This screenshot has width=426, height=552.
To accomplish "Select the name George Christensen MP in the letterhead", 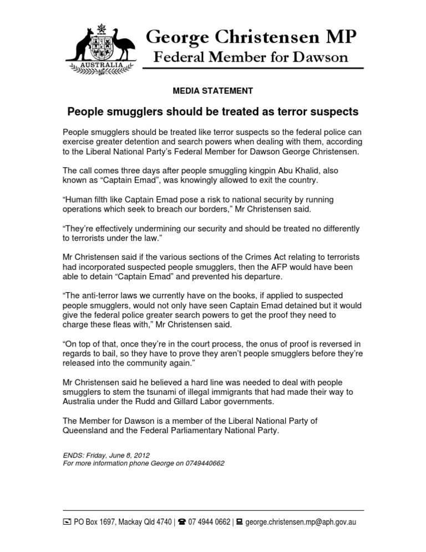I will coord(251,38).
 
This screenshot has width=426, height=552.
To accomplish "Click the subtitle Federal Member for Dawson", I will coord(251,57).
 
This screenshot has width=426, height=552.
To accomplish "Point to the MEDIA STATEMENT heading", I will coord(213,91).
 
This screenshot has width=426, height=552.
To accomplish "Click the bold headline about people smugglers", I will coord(213,112).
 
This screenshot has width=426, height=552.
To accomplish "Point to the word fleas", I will coord(130,324).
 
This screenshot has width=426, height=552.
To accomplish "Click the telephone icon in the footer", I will coord(181,523).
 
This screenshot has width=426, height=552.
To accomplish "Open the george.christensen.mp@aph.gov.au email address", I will coord(300,523).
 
